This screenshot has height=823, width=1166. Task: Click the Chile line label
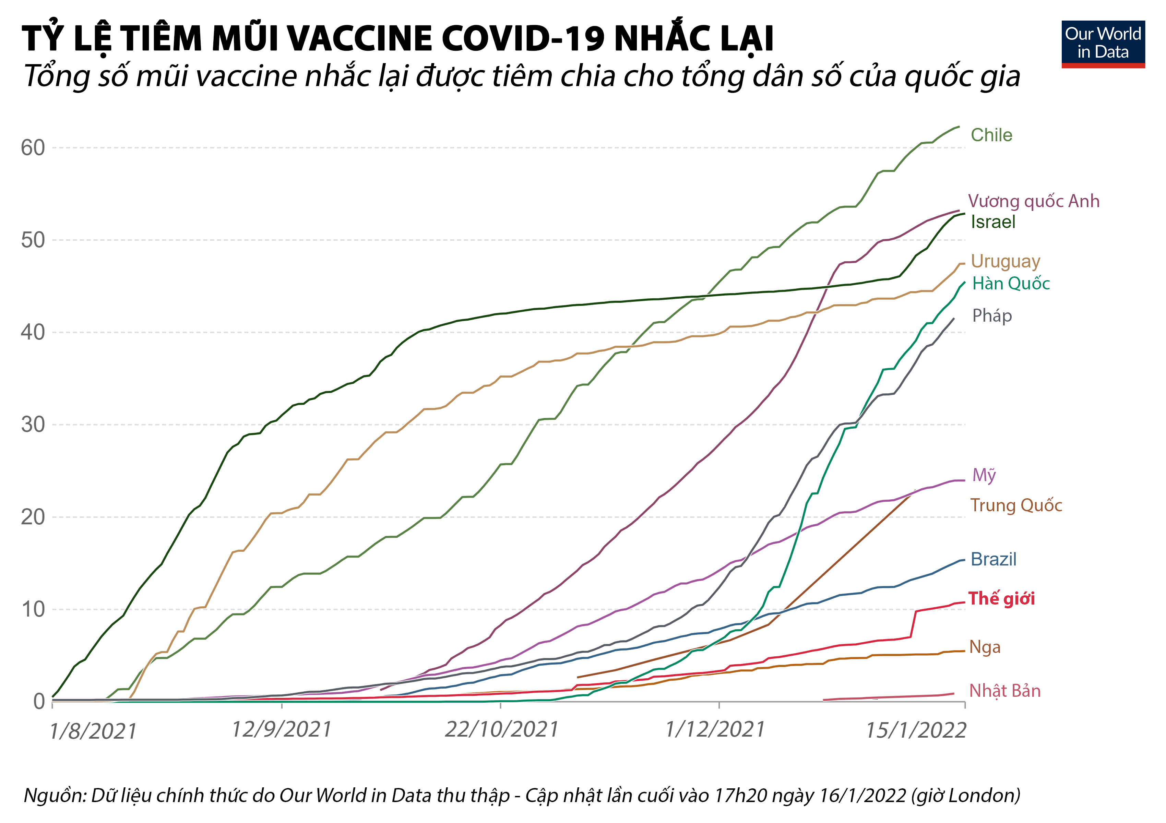(x=991, y=135)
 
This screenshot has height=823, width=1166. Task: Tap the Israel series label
(x=993, y=222)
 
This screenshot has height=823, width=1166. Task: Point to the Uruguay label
(x=1005, y=261)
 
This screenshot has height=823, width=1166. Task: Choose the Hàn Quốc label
(x=1011, y=283)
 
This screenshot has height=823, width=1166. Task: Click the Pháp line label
(x=992, y=316)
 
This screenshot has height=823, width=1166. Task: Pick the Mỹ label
(x=984, y=475)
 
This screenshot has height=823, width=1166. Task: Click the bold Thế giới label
(x=1001, y=599)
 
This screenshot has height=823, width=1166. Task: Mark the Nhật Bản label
(x=1004, y=691)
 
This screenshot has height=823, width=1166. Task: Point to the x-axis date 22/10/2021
(x=501, y=730)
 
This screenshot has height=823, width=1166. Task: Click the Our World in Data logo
(x=1103, y=44)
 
